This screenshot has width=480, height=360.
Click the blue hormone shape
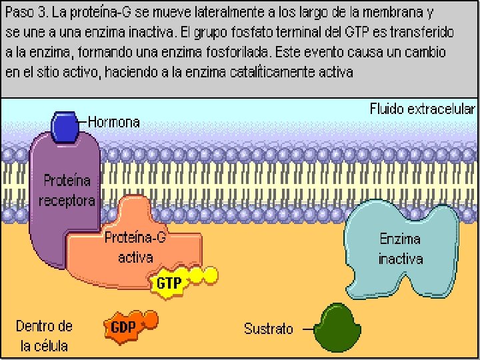click(65, 126)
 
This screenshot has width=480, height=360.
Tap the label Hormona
click(114, 122)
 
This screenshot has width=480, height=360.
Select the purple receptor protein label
click(67, 190)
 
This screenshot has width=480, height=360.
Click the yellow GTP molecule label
click(169, 284)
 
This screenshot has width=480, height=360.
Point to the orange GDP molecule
click(124, 327)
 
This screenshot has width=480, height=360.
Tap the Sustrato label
click(268, 329)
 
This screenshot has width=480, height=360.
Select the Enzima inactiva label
click(401, 248)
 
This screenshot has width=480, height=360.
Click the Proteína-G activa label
click(135, 247)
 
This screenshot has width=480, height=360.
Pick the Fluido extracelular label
click(423, 109)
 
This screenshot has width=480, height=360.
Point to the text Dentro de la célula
click(44, 336)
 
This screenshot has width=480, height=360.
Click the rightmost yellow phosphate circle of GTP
click(211, 273)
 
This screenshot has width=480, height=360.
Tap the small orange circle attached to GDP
click(151, 320)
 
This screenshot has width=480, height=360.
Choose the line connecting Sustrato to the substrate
click(305, 329)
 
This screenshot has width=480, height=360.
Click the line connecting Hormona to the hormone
click(83, 122)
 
